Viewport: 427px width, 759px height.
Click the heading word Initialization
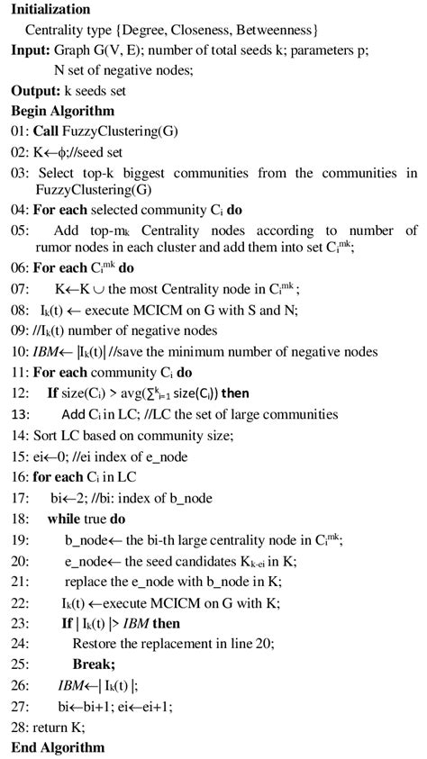50,9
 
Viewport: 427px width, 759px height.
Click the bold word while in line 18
67,520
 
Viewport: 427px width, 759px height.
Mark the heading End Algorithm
58,747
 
